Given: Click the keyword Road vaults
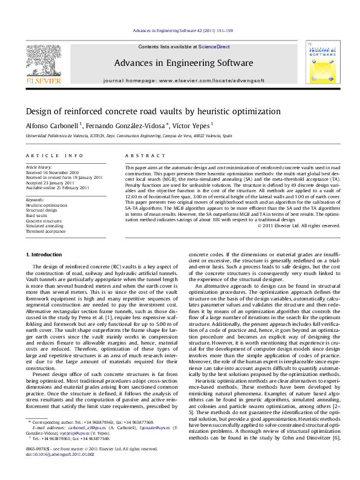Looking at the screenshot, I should coord(38,215).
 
